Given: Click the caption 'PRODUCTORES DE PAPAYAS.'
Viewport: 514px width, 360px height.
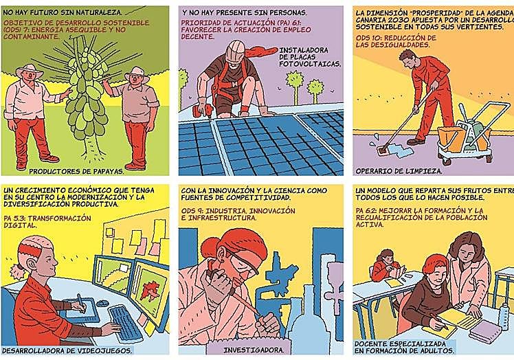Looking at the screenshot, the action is click(x=77, y=171).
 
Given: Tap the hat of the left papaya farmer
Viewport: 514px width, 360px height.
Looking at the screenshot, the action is click(x=29, y=70).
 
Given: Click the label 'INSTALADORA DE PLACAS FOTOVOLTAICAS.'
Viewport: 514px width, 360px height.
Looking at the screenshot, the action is click(x=310, y=57).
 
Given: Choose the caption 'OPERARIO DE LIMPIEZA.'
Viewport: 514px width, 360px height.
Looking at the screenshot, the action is click(x=399, y=171).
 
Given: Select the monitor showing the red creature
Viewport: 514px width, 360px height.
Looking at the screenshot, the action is click(x=149, y=292).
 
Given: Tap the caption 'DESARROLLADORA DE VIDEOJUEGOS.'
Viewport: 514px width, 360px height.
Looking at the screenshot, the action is click(x=67, y=350).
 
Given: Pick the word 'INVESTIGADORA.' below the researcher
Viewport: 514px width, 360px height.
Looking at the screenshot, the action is click(x=254, y=350).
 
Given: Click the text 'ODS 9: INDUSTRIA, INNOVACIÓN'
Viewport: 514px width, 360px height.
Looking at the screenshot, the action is click(x=238, y=211).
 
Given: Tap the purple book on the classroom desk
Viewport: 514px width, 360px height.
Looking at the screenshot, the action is click(x=485, y=331).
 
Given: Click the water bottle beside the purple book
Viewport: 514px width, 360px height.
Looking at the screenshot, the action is click(x=504, y=316).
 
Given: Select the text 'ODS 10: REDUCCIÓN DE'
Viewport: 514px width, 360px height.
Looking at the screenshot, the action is click(x=396, y=38).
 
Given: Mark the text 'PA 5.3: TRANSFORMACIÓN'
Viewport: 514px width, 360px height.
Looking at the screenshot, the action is click(x=47, y=218).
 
